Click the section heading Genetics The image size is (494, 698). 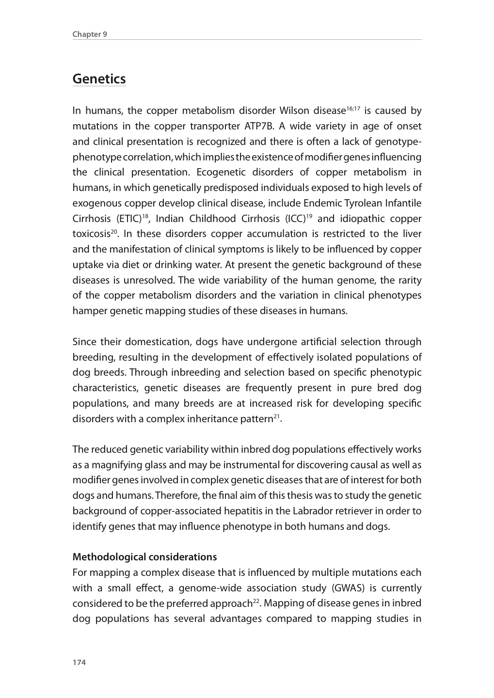click(x=99, y=79)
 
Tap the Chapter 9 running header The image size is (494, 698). click(x=90, y=34)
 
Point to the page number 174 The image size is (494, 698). click(x=79, y=663)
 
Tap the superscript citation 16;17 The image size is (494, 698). click(x=353, y=108)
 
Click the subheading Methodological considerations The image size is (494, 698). click(x=144, y=557)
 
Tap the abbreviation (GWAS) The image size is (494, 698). click(x=348, y=588)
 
